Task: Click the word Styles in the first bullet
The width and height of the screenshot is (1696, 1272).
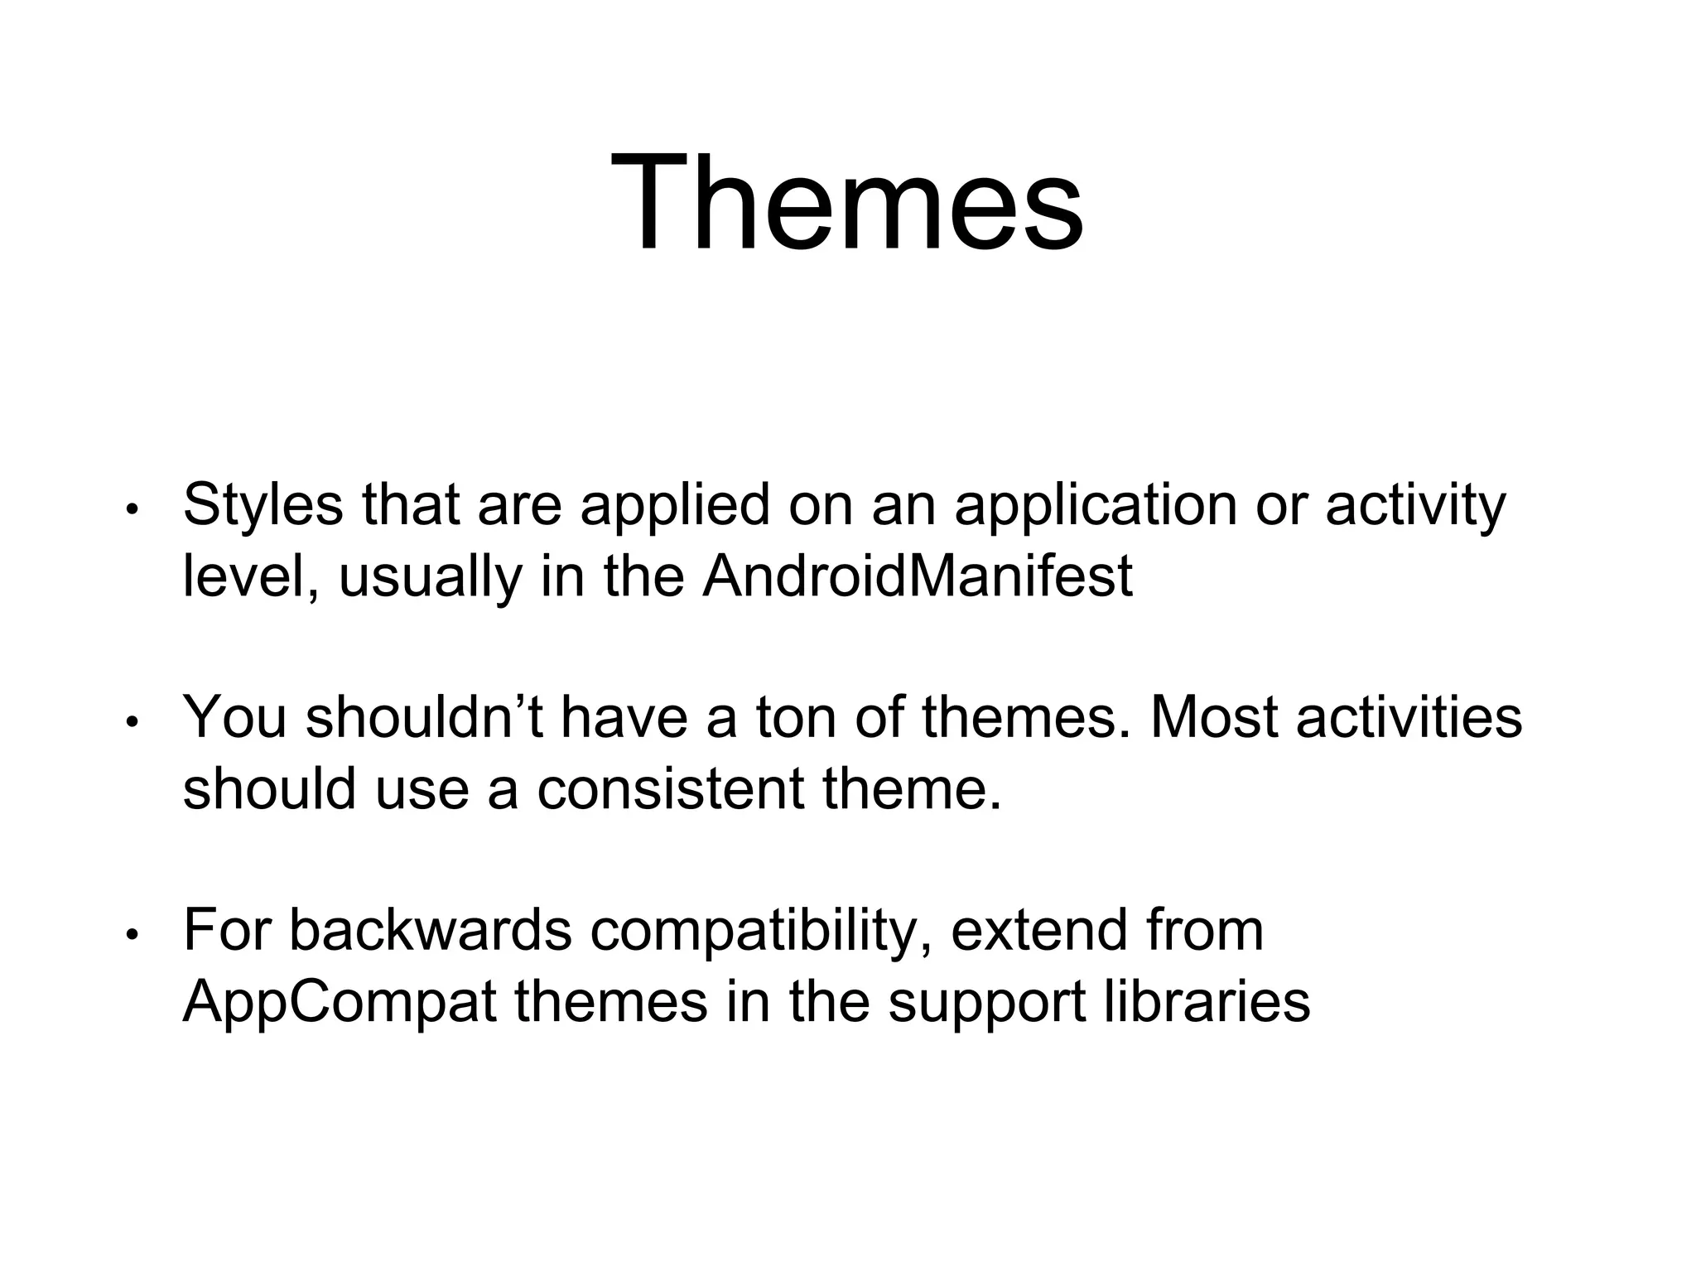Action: pyautogui.click(x=263, y=505)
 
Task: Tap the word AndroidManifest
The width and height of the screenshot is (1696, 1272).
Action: pyautogui.click(x=917, y=576)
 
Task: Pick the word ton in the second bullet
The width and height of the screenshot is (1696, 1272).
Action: pyautogui.click(x=796, y=717)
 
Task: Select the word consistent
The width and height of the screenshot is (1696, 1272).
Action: pyautogui.click(x=670, y=788)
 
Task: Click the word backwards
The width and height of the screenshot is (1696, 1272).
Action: pyautogui.click(x=431, y=931)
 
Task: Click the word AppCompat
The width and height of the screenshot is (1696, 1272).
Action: pyautogui.click(x=340, y=1002)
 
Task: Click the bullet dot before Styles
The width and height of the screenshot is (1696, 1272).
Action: pyautogui.click(x=131, y=510)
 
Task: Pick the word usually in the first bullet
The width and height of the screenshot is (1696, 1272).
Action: pyautogui.click(x=431, y=578)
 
